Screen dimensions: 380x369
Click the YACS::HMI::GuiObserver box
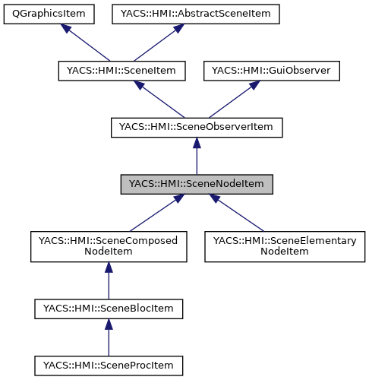tap(271, 71)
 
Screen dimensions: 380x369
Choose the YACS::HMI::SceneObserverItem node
tap(197, 128)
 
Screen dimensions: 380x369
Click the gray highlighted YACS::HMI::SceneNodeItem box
tap(197, 185)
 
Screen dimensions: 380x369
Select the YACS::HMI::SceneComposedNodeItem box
tap(109, 247)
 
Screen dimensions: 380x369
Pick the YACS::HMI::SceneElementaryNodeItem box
tap(285, 247)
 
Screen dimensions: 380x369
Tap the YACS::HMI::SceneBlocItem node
tap(109, 309)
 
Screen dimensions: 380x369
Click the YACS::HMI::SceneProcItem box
tap(109, 366)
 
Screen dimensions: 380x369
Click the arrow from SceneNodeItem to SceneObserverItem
tap(197, 157)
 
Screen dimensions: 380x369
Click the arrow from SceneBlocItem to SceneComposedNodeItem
tap(109, 280)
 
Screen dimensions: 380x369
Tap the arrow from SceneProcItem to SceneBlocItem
tap(109, 338)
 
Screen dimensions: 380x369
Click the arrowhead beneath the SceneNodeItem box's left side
tap(177, 200)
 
